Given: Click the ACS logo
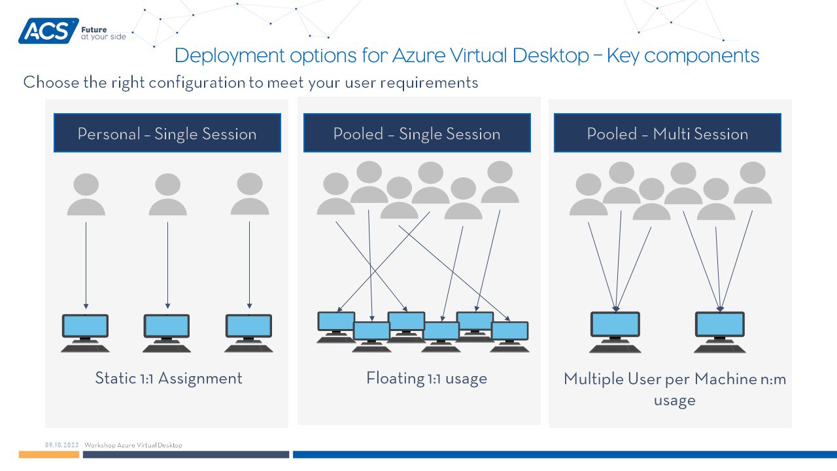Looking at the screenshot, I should click(48, 31).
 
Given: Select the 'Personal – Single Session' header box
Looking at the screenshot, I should click(167, 133).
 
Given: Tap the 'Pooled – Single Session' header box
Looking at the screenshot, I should click(417, 133).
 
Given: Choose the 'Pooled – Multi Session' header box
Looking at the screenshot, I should click(667, 133).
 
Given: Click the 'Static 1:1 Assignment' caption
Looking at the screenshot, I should click(169, 378).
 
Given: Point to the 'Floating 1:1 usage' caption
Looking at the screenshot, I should click(426, 378).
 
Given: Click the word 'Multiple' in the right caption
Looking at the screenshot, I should click(591, 379).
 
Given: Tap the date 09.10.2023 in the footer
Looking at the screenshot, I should click(62, 445).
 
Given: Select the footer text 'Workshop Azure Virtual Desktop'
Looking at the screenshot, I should click(133, 445).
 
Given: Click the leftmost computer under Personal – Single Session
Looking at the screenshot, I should click(85, 332).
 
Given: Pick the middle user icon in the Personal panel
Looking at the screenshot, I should click(168, 194).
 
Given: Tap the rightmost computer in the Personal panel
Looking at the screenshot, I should click(248, 332).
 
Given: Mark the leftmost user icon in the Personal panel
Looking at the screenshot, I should click(86, 194).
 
